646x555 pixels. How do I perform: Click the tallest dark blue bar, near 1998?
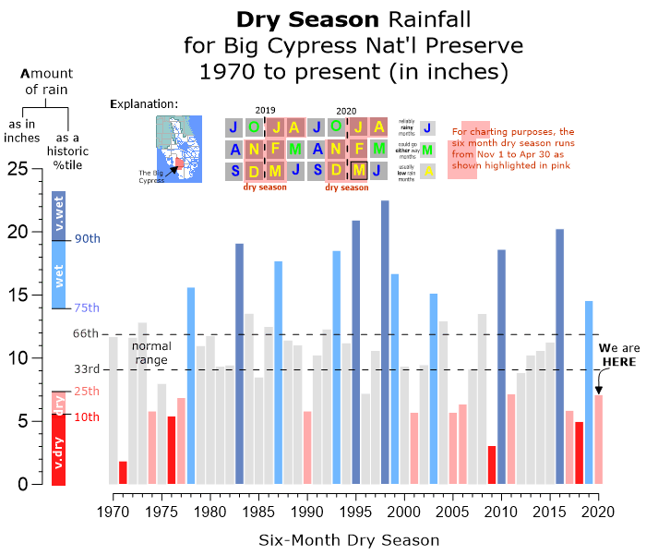click(x=385, y=342)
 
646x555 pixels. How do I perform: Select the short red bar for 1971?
click(x=123, y=472)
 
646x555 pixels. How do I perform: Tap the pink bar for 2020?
click(x=598, y=440)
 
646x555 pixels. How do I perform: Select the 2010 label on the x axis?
click(x=501, y=511)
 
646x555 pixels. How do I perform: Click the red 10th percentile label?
click(x=88, y=416)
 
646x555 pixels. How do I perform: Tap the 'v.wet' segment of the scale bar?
click(x=59, y=215)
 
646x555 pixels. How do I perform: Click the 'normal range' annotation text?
click(x=151, y=352)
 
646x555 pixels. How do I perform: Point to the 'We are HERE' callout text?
click(x=616, y=356)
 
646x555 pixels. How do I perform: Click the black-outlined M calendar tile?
click(x=358, y=170)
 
